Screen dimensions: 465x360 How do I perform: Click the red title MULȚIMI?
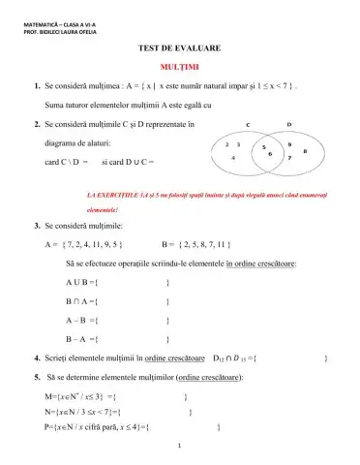[x=180, y=66]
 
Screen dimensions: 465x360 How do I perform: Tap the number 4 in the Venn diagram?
[x=233, y=157]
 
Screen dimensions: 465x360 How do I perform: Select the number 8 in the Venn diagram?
[x=306, y=151]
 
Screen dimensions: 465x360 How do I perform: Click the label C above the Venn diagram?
[x=248, y=125]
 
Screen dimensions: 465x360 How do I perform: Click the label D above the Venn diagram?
[x=290, y=125]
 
